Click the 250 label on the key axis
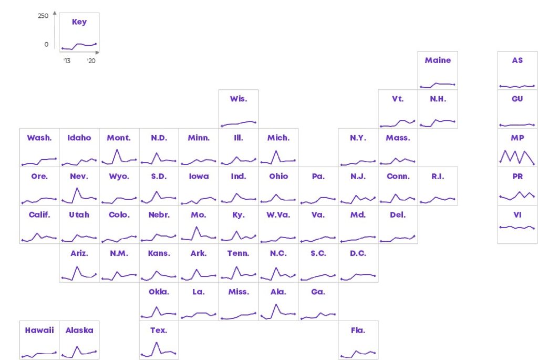[x=43, y=16]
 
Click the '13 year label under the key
[x=67, y=61]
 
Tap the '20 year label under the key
[x=91, y=61]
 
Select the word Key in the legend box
[x=79, y=22]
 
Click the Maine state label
[x=438, y=60]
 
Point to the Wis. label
[x=239, y=99]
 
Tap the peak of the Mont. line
[x=117, y=149]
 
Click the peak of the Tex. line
[x=157, y=343]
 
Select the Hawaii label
[x=39, y=330]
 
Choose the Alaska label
[x=79, y=330]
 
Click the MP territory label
[x=518, y=138]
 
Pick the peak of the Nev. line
[x=77, y=188]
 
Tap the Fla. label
[x=358, y=330]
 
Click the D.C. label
[x=358, y=253]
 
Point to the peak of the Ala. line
[x=276, y=304]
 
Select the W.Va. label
[x=278, y=215]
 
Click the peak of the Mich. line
[x=276, y=151]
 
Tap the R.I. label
[x=438, y=177]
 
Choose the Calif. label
[x=39, y=215]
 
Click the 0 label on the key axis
[x=46, y=44]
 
